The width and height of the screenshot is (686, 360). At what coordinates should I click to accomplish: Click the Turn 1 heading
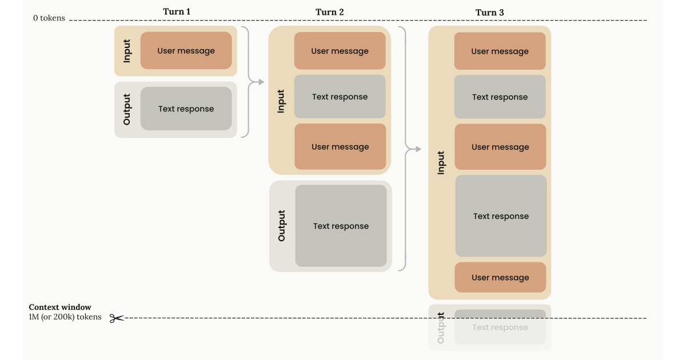point(177,11)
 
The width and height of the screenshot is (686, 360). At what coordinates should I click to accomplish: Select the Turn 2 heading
point(330,12)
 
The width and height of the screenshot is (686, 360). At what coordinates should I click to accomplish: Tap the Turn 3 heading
point(490,13)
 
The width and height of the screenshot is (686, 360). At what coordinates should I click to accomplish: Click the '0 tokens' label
point(49,18)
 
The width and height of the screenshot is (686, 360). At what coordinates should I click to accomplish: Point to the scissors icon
point(117,318)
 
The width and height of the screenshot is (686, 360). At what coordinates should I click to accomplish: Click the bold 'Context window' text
point(60,307)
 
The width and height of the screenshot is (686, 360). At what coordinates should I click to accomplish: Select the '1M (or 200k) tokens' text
point(65,317)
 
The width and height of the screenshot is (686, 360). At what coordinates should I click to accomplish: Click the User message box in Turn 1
point(186,51)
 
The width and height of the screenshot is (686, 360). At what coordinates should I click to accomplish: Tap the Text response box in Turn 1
point(186,109)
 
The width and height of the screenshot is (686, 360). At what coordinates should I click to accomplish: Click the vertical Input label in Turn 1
point(127,51)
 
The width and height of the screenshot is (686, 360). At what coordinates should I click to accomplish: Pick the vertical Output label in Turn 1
point(127,109)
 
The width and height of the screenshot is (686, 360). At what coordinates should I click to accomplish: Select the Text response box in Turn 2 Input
point(340,97)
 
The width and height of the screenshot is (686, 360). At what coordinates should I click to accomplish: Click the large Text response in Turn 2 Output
point(341,226)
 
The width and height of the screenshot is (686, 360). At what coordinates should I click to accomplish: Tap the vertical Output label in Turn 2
point(281,226)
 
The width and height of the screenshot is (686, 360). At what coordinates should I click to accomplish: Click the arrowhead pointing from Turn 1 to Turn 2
point(262,83)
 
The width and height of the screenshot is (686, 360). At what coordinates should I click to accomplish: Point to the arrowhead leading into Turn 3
point(418,150)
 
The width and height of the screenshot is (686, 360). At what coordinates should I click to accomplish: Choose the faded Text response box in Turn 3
point(500,327)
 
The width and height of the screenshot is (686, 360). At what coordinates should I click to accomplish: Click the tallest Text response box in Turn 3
point(501,216)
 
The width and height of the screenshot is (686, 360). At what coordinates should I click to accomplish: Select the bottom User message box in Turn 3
point(500,278)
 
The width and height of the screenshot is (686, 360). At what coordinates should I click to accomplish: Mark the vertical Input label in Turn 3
point(441,162)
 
